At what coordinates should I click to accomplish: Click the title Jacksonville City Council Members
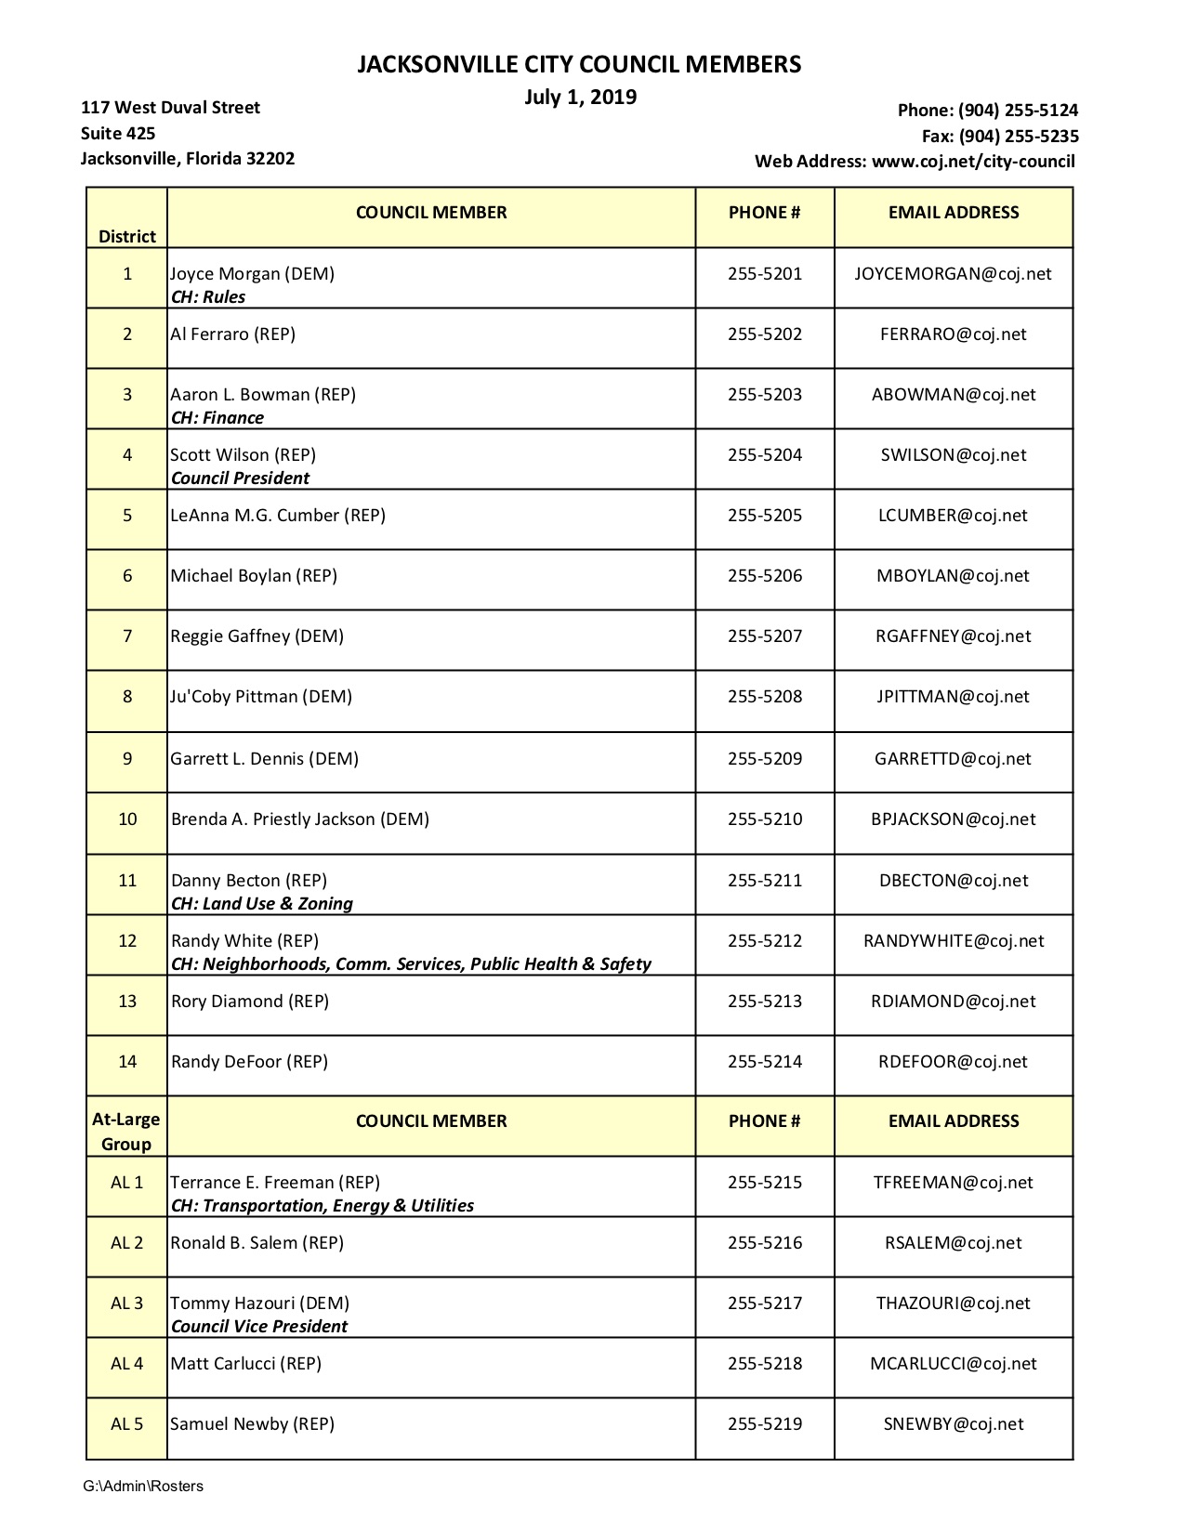click(x=579, y=64)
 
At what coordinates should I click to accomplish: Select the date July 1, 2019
click(x=580, y=98)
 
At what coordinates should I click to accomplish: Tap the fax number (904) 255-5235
click(x=1019, y=136)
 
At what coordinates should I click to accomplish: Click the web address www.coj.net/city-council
click(x=973, y=162)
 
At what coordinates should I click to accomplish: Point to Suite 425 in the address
click(x=118, y=133)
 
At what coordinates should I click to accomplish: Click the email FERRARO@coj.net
click(x=953, y=334)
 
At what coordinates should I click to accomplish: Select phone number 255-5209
click(x=764, y=759)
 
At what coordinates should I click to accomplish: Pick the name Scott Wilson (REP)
click(x=243, y=455)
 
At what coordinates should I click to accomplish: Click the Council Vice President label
click(x=259, y=1327)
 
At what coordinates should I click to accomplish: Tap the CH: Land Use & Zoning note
click(x=262, y=904)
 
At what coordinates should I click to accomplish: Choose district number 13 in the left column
click(x=127, y=1002)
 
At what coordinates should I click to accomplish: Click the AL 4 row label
click(x=127, y=1364)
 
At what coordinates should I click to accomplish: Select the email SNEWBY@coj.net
click(x=953, y=1424)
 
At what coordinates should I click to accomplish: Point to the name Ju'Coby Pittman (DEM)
click(x=261, y=697)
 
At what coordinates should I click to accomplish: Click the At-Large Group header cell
click(x=126, y=1132)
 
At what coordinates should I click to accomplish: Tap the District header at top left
click(x=127, y=237)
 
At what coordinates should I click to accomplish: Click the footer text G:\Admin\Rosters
click(x=143, y=1487)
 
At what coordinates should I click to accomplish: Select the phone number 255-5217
click(x=764, y=1304)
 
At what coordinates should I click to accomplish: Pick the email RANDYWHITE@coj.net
click(x=953, y=941)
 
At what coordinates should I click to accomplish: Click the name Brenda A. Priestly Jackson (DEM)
click(x=300, y=819)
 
